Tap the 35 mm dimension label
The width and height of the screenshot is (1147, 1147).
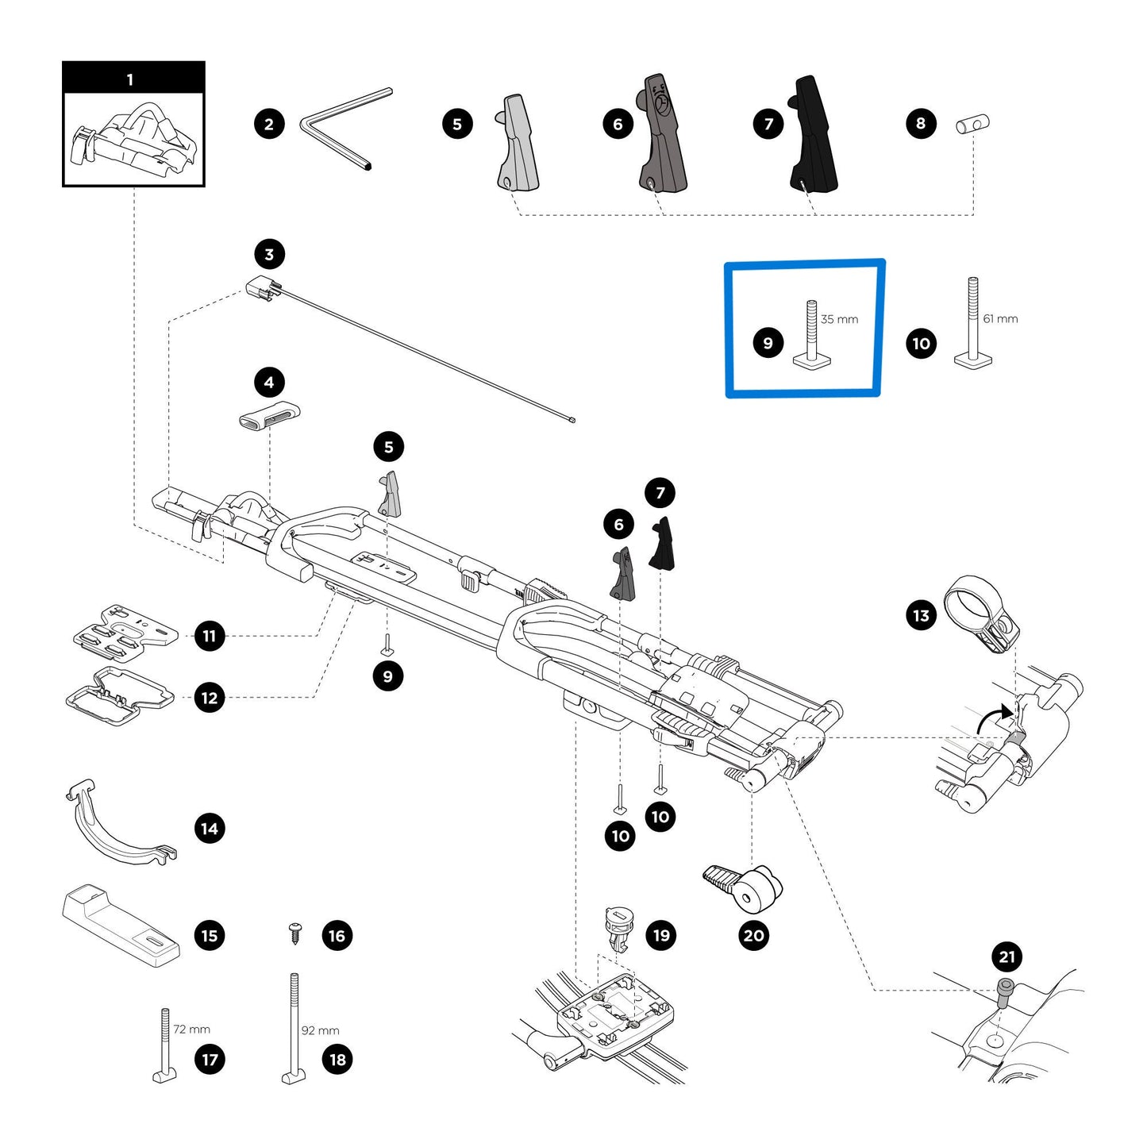point(839,319)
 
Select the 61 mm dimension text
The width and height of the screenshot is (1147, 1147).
point(1000,318)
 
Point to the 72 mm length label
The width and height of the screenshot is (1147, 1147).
point(191,1029)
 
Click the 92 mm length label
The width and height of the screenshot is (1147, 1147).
point(320,1030)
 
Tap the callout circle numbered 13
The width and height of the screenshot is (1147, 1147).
point(921,615)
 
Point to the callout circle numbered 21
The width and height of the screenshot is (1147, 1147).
point(1007,956)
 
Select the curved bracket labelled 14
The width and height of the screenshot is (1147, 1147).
point(119,826)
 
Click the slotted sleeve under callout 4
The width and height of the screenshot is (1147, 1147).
point(269,415)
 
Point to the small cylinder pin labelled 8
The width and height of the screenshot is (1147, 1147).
point(972,124)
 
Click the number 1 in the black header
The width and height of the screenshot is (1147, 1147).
point(130,79)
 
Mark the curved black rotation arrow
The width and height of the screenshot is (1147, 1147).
point(991,718)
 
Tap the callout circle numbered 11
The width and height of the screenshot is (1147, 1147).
point(210,636)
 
